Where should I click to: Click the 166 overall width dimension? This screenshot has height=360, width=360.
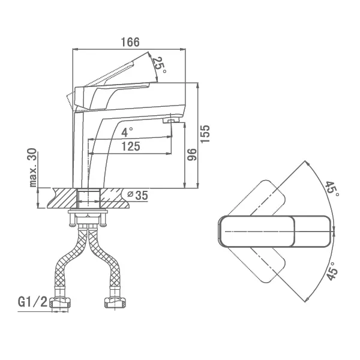[x=130, y=42]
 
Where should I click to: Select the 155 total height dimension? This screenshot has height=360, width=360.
[x=205, y=134]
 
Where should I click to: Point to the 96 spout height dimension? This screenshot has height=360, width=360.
[x=192, y=155]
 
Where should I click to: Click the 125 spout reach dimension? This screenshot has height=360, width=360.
[x=131, y=146]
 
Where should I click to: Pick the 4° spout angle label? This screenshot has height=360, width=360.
[x=127, y=132]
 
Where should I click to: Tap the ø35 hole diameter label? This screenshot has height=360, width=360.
[x=138, y=196]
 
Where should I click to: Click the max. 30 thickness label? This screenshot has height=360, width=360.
[x=33, y=167]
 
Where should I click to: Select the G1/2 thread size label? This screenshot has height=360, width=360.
[x=32, y=302]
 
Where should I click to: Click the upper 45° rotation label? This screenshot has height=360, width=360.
[x=332, y=189]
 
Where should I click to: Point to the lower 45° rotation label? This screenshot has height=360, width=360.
[x=332, y=271]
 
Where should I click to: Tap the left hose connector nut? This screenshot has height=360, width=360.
[x=61, y=303]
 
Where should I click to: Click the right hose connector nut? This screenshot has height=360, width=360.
[x=115, y=303]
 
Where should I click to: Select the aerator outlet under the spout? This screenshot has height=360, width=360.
[x=171, y=121]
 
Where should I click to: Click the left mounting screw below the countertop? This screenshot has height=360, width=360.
[x=71, y=219]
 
